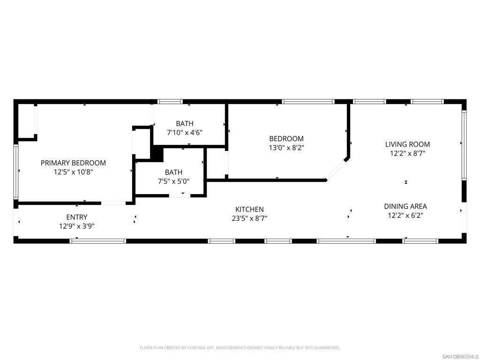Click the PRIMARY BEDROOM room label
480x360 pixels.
pyautogui.click(x=73, y=163)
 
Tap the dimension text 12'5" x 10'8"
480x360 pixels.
pyautogui.click(x=73, y=172)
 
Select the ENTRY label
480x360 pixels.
pyautogui.click(x=76, y=217)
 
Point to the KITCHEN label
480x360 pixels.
pyautogui.click(x=249, y=210)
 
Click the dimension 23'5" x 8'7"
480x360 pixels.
pyautogui.click(x=249, y=218)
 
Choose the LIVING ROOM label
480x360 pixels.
pyautogui.click(x=407, y=144)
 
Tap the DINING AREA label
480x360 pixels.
pyautogui.click(x=405, y=206)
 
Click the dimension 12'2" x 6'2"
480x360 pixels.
pyautogui.click(x=405, y=216)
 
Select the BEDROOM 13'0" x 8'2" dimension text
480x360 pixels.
pyautogui.click(x=286, y=148)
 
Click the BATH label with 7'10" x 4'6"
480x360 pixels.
pyautogui.click(x=185, y=123)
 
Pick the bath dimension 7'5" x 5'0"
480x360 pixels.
pyautogui.click(x=173, y=181)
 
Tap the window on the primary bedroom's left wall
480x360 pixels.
pyautogui.click(x=15, y=172)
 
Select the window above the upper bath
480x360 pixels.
pyautogui.click(x=170, y=102)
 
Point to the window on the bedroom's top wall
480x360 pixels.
pyautogui.click(x=308, y=102)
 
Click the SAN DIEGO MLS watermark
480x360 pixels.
pyautogui.click(x=460, y=357)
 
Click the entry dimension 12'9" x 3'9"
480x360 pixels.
pyautogui.click(x=76, y=226)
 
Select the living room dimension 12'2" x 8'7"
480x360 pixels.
pyautogui.click(x=407, y=153)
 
